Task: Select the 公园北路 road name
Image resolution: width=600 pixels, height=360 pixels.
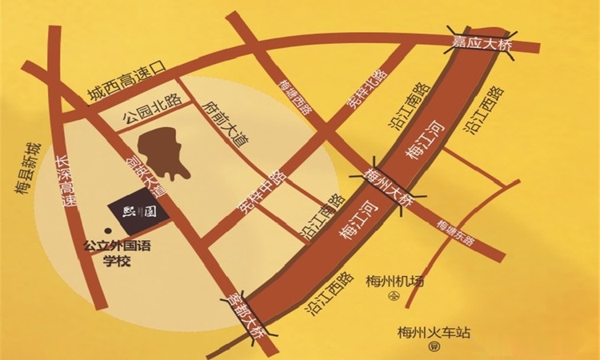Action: tap(151, 110)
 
